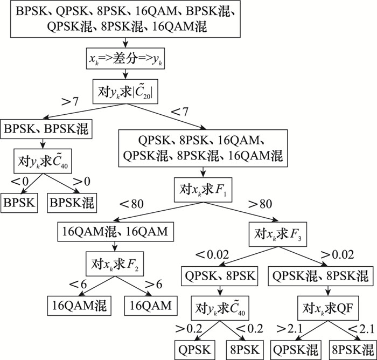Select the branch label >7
pyautogui.click(x=69, y=101)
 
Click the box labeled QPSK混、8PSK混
pyautogui.click(x=319, y=276)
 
